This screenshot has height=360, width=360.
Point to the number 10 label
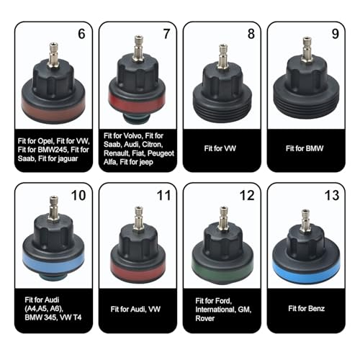click(78, 196)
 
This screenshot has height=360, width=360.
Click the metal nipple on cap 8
click(220, 55)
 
